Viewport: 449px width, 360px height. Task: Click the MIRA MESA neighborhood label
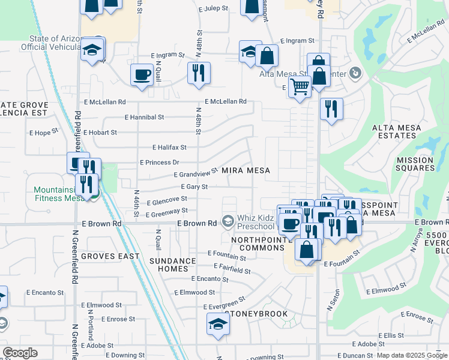[x=246, y=170]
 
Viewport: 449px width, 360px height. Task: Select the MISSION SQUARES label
[x=415, y=164]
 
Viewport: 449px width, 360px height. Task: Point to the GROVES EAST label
[x=110, y=256]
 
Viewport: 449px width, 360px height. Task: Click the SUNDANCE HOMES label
[x=173, y=265]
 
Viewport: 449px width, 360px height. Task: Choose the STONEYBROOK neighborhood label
[x=248, y=314]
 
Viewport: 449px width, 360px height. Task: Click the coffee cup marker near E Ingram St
[x=142, y=75]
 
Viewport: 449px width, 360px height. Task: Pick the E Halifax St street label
[x=169, y=147]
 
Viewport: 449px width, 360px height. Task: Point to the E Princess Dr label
[x=160, y=163]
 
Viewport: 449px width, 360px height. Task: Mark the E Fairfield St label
[x=231, y=269]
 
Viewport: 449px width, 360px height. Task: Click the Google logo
[x=20, y=353]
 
